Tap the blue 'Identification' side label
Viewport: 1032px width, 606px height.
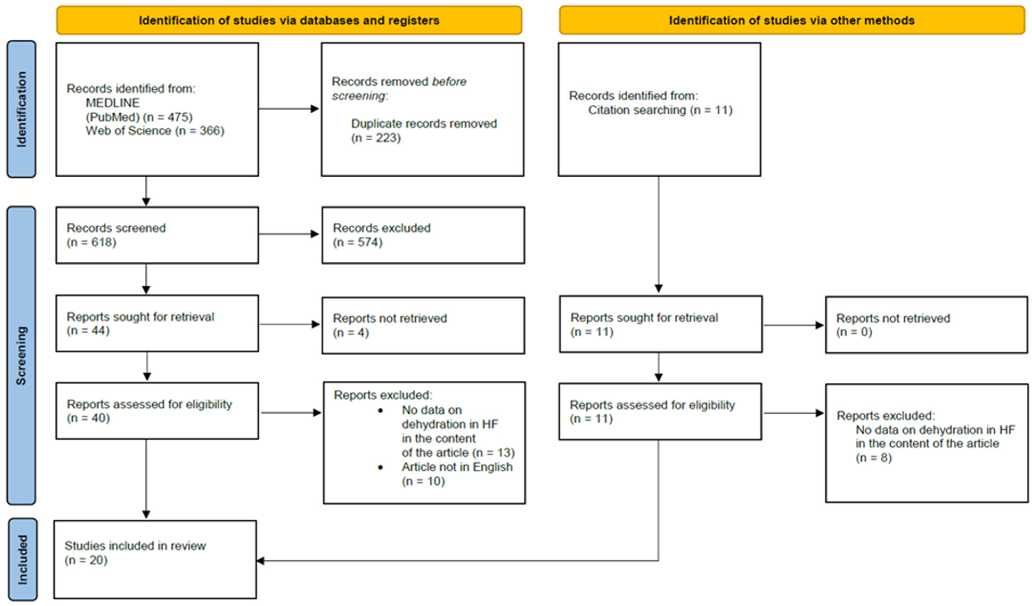[x=21, y=109]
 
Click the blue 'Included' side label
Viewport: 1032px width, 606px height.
[x=22, y=559]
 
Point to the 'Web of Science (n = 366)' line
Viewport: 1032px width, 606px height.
[x=155, y=131]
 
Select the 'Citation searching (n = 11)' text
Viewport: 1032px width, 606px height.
[x=660, y=110]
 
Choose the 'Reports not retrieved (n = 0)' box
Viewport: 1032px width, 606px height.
[x=926, y=325]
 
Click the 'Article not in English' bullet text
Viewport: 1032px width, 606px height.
[x=457, y=467]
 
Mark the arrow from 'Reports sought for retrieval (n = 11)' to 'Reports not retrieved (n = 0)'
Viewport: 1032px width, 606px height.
[x=793, y=325]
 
